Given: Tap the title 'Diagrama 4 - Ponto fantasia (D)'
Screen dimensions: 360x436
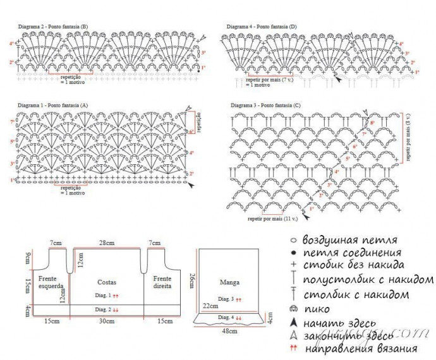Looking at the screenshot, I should tap(262, 26).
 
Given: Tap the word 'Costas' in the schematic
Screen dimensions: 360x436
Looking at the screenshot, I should tap(106, 282).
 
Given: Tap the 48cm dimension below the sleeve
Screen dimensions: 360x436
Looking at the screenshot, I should tap(229, 330).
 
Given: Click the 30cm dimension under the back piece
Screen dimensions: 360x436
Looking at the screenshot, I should tap(106, 321).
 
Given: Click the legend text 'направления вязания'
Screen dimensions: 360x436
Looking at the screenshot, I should tap(361, 348).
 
